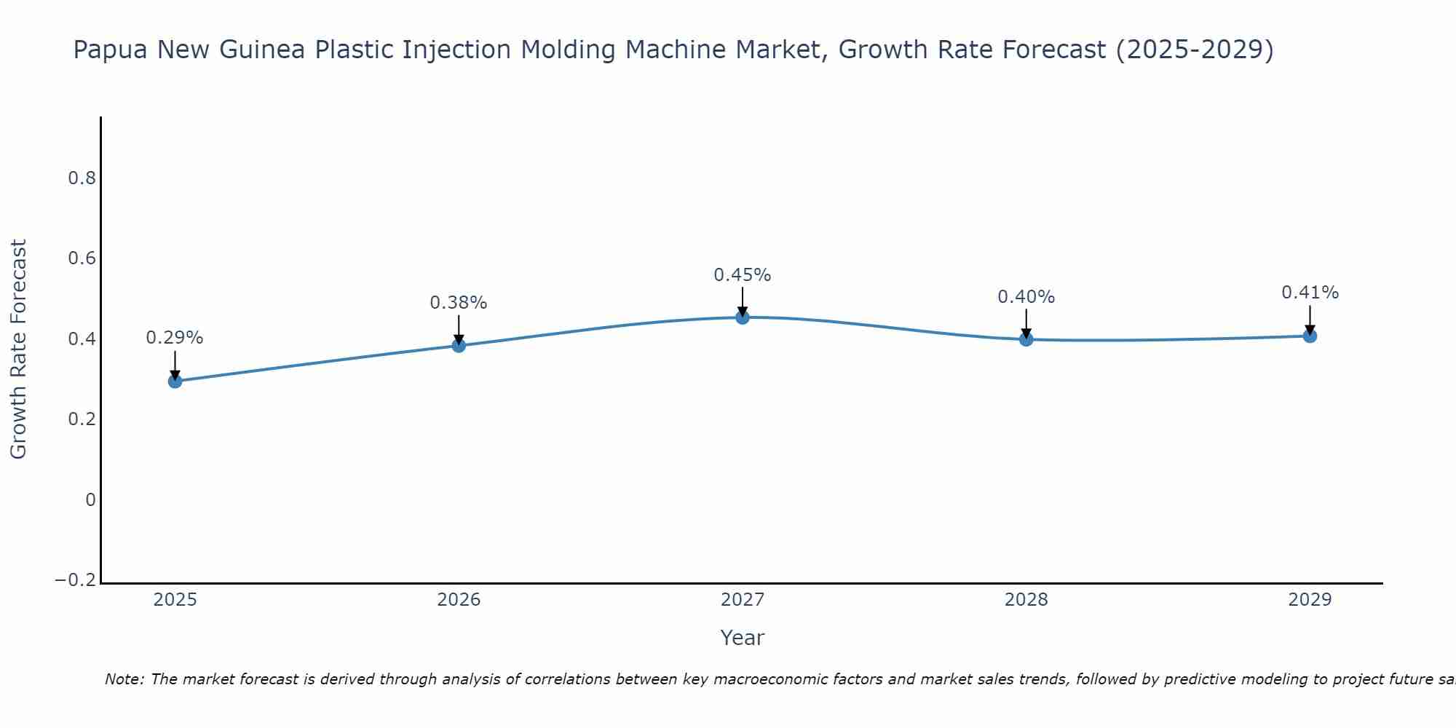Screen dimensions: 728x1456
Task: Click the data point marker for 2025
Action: click(175, 381)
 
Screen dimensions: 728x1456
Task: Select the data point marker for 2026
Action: click(459, 345)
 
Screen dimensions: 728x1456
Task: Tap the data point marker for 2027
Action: click(743, 317)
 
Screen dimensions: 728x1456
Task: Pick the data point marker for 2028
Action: click(1026, 339)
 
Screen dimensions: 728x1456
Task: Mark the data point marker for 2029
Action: click(1310, 336)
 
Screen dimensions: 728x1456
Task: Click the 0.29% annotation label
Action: click(175, 338)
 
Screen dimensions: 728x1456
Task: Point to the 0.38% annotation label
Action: click(459, 303)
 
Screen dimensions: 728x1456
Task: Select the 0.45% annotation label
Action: click(743, 275)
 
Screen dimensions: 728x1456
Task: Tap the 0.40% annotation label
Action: click(1026, 297)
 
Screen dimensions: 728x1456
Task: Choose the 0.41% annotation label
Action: click(1310, 293)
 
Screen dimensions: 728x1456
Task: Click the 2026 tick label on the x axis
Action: click(459, 600)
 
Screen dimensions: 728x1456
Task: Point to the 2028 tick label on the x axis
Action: click(1026, 600)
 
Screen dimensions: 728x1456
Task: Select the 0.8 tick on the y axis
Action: click(82, 178)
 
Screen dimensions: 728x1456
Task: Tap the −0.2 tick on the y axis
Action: click(76, 580)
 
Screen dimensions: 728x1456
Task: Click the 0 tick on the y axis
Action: click(91, 500)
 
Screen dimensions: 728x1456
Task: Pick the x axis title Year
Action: click(742, 638)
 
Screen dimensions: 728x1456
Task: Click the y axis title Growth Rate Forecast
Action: click(19, 349)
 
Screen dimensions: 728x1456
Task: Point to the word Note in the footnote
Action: click(124, 679)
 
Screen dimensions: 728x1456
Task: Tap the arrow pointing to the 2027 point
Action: click(743, 300)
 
